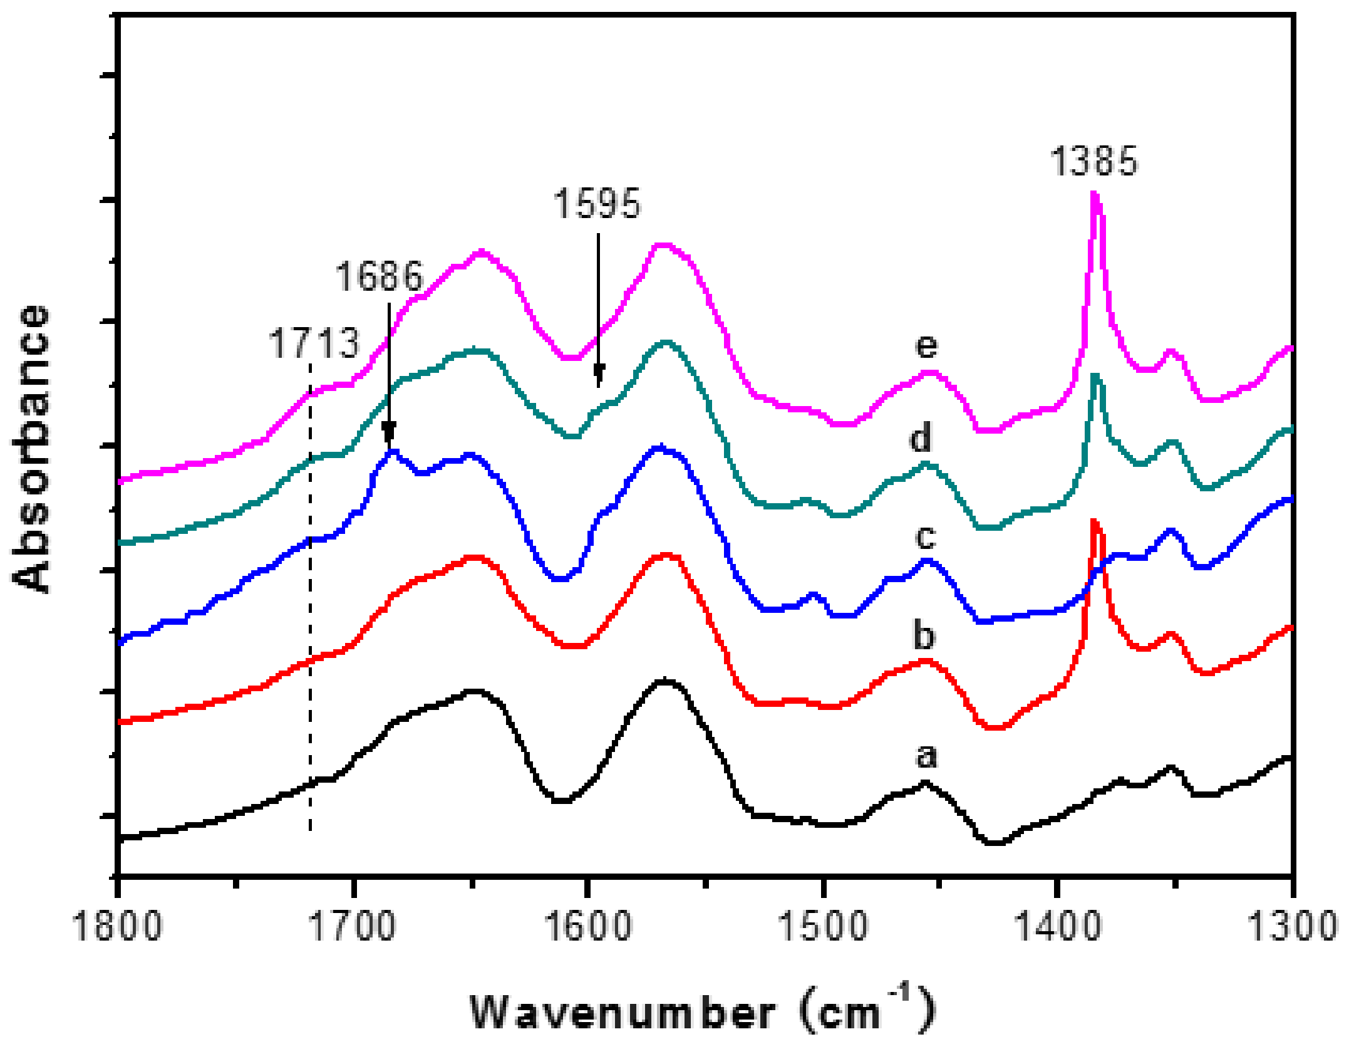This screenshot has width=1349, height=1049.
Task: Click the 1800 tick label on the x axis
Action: pos(118,926)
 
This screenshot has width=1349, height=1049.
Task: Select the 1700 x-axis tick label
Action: pos(353,926)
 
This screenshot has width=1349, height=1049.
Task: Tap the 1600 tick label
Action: pos(587,926)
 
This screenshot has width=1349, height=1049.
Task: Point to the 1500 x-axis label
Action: pos(823,926)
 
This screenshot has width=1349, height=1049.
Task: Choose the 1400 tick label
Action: pos(1058,926)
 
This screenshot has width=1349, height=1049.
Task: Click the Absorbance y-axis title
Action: pos(31,449)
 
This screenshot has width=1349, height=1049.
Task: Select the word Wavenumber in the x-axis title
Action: pos(623,1012)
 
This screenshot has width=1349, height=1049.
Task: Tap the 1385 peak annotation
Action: pos(1093,161)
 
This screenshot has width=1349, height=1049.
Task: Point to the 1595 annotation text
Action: pos(597,204)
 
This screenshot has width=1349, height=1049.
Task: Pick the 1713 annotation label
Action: pos(314,343)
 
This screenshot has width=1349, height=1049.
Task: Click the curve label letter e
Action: pos(926,345)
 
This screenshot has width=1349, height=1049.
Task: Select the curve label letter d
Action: pos(920,437)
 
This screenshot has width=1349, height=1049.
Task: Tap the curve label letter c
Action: pos(925,536)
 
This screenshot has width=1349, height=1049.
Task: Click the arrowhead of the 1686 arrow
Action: pos(389,433)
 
